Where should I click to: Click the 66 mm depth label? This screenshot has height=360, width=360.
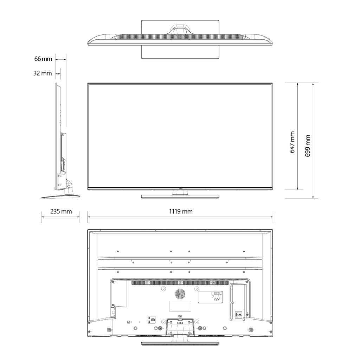[43, 59]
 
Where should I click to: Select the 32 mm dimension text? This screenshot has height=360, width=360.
[43, 73]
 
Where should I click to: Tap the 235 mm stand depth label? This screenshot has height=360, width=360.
[61, 211]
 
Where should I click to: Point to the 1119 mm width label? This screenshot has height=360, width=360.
[181, 211]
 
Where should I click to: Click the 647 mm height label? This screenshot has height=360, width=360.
[292, 142]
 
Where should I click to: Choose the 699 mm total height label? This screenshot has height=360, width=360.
[307, 146]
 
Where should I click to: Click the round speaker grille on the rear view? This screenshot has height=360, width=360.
[180, 294]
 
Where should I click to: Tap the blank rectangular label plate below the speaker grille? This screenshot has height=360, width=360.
[180, 306]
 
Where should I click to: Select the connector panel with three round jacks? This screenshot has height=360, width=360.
[210, 297]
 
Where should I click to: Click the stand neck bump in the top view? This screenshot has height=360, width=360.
[180, 30]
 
